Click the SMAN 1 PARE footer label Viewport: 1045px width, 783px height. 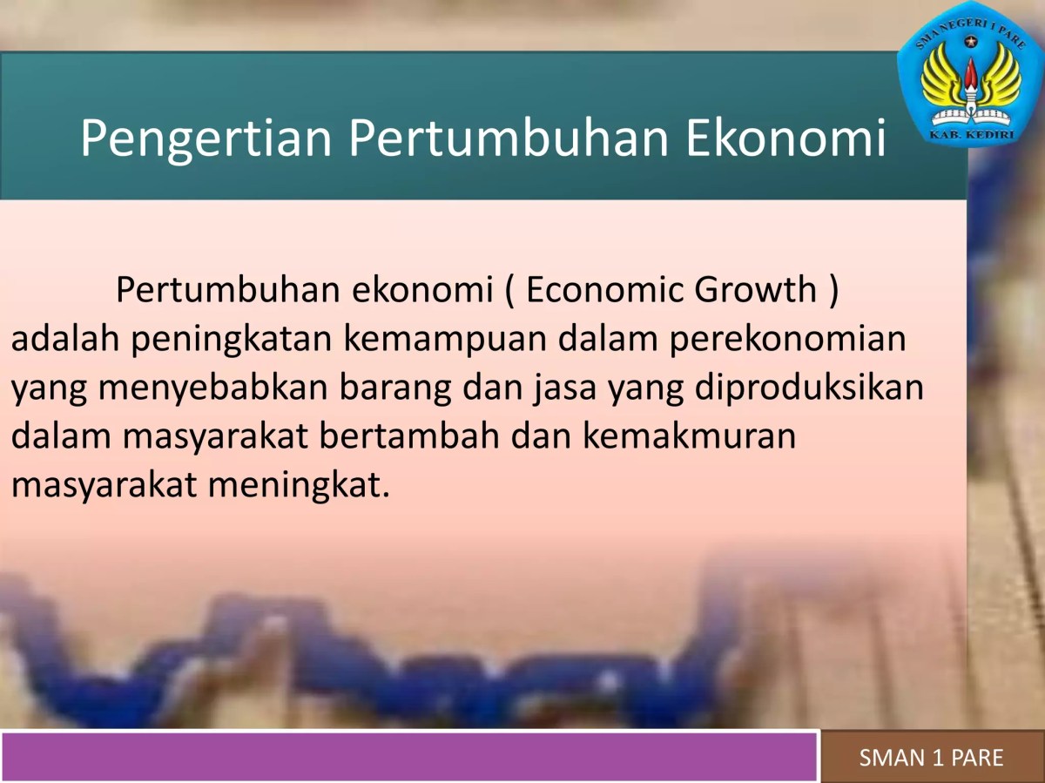click(x=931, y=758)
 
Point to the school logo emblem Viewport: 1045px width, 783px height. click(x=971, y=83)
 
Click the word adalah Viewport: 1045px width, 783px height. click(x=65, y=339)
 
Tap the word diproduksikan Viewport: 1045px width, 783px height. click(x=810, y=388)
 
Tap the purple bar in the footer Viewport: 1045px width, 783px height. click(x=409, y=757)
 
